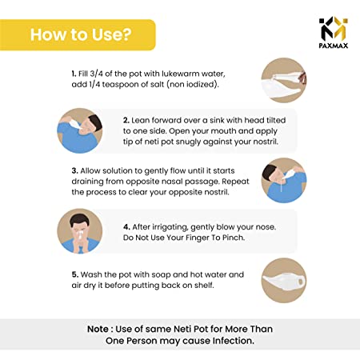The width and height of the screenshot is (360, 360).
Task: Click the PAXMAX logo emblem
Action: (x=334, y=28)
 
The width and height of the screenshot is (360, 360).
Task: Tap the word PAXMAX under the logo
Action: (x=334, y=46)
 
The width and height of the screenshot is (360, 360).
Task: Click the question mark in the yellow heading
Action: (x=127, y=34)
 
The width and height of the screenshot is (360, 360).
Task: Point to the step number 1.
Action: (x=74, y=74)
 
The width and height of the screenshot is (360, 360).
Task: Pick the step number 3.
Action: (x=74, y=170)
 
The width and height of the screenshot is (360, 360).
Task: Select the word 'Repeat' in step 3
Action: (x=235, y=182)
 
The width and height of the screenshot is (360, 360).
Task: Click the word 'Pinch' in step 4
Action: (x=234, y=238)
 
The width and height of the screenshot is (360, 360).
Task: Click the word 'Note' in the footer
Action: (x=98, y=329)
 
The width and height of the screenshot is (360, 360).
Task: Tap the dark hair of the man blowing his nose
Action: (x=79, y=219)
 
